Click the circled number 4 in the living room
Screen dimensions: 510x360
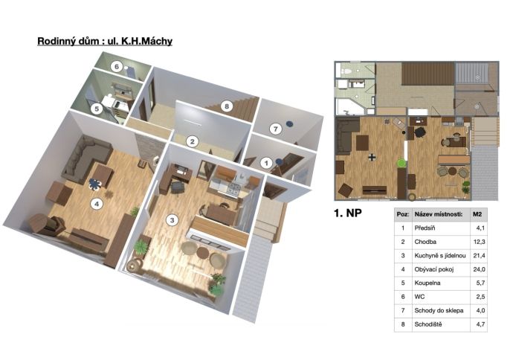(97, 204)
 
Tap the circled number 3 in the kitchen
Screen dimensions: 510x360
(172, 220)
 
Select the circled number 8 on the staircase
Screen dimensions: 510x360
(227, 106)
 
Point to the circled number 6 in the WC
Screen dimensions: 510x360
(116, 67)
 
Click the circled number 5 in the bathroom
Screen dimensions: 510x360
(97, 109)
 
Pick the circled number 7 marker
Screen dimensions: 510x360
(276, 129)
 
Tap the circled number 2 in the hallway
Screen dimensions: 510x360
(193, 141)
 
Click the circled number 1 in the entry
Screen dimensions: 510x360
(267, 163)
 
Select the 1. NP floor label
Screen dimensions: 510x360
(348, 213)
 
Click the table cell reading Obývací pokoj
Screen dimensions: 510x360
(434, 269)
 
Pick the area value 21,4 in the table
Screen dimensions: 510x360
(479, 256)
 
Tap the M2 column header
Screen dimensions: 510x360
(477, 214)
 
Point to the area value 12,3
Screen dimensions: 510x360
(479, 242)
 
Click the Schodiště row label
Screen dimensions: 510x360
(428, 324)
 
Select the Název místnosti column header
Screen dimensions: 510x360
(439, 214)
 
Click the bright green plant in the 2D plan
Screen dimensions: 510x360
(402, 162)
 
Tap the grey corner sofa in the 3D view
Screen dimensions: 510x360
(86, 158)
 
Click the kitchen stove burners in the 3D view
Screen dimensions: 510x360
(233, 188)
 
